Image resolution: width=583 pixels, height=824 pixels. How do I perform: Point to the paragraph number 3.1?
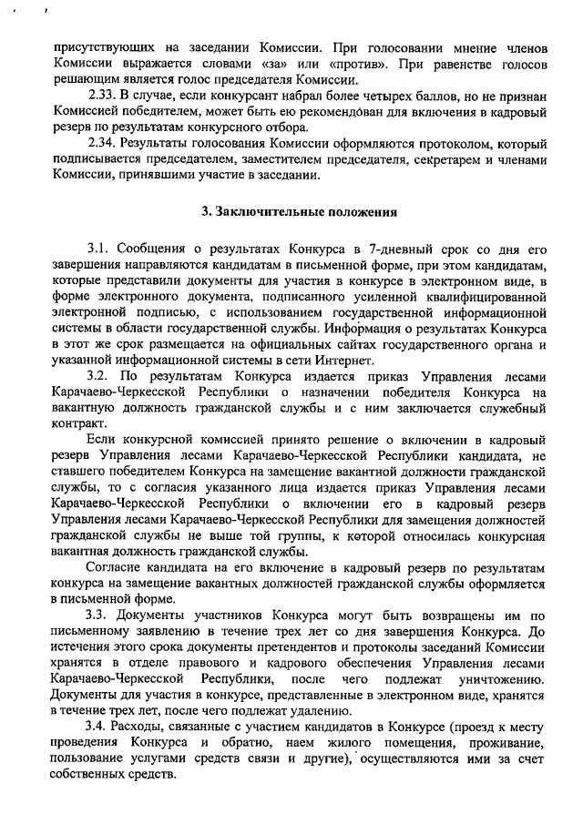(x=99, y=249)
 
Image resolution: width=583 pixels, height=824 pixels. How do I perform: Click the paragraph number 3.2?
(x=99, y=376)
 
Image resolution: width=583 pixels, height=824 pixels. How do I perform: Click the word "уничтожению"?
(x=498, y=678)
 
